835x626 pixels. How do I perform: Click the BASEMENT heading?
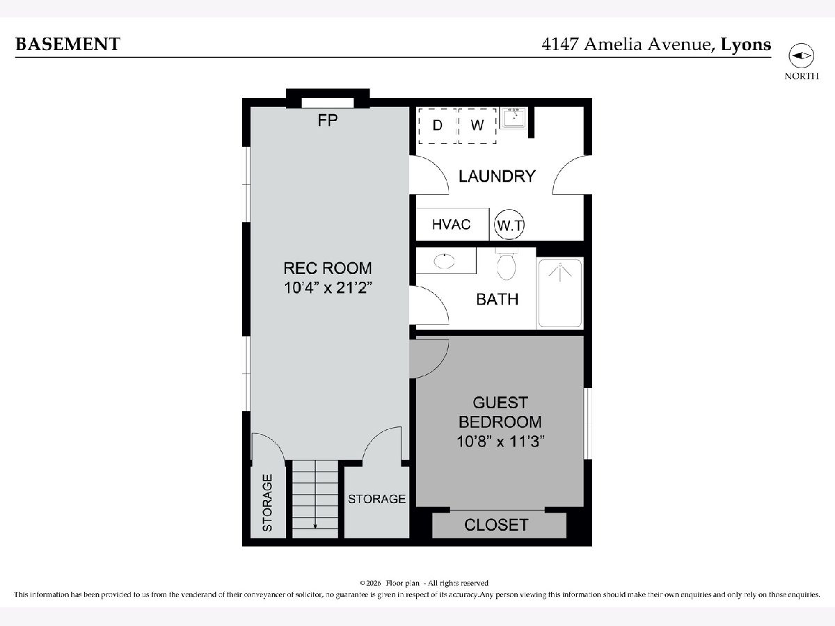click(67, 44)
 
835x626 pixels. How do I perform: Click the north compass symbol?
click(801, 56)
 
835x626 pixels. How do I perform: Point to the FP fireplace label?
click(328, 120)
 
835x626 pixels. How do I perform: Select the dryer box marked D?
click(438, 126)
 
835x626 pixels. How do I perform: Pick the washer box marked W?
click(477, 126)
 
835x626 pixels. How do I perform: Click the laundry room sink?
click(514, 118)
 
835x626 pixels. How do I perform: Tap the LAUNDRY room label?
click(497, 177)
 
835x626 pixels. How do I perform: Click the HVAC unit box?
click(452, 224)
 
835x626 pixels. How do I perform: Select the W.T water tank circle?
click(509, 225)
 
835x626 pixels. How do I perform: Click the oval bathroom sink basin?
click(445, 261)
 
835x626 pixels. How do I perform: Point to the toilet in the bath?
click(507, 264)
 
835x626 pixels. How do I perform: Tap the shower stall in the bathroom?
click(560, 293)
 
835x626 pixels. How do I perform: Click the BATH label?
click(498, 300)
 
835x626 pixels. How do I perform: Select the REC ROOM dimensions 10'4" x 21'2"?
click(328, 288)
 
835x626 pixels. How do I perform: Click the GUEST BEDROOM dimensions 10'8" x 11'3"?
click(500, 442)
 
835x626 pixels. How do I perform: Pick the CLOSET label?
click(496, 525)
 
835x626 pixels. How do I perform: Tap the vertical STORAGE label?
click(267, 502)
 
